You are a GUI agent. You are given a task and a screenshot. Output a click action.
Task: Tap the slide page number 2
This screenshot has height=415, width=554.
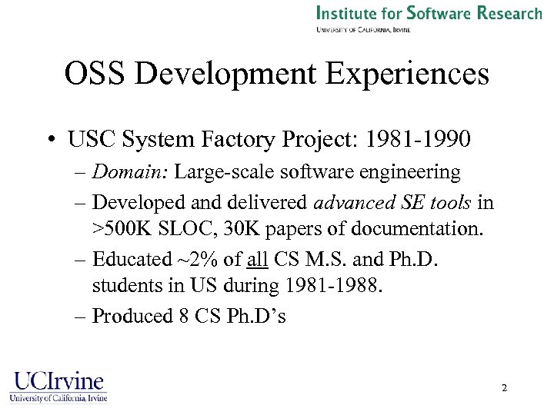tap(504, 388)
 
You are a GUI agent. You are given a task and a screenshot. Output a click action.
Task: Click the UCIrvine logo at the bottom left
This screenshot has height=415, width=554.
tap(58, 386)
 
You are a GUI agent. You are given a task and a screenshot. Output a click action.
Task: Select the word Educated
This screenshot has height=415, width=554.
tap(130, 259)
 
